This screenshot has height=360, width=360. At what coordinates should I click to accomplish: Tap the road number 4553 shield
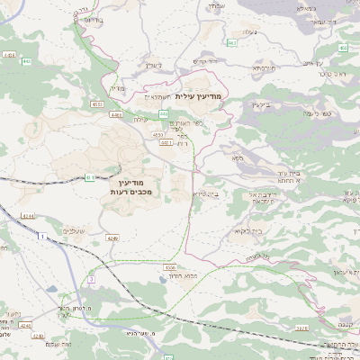pos(96,103)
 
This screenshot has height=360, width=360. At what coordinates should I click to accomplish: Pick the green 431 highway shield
pos(90,178)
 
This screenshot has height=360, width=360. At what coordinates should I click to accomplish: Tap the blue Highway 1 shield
pos(41,235)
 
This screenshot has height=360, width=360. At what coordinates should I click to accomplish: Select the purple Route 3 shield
pos(91,280)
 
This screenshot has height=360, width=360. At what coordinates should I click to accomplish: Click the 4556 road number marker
pos(169,267)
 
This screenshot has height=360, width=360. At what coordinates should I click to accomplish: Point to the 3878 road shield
pos(301,329)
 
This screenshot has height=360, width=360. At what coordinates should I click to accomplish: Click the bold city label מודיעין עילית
pos(197,95)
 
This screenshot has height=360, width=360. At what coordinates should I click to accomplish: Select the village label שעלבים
pos(75,231)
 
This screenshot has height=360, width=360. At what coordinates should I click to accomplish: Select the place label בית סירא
pos(206,193)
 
